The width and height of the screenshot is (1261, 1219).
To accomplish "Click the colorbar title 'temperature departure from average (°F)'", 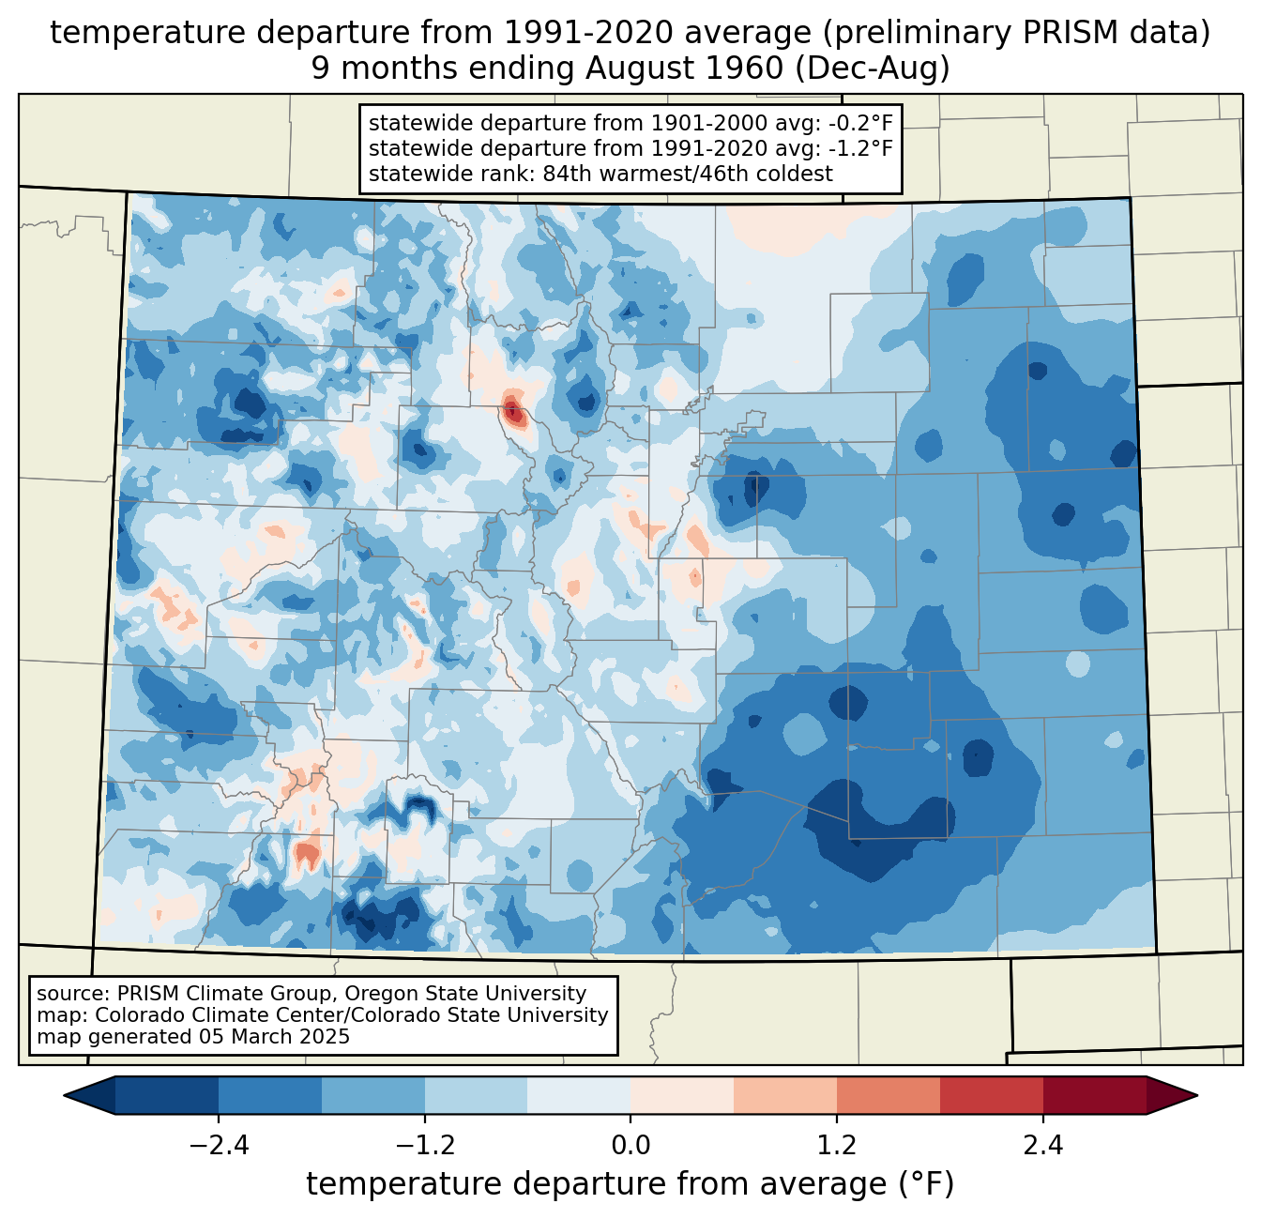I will pyautogui.click(x=630, y=1184).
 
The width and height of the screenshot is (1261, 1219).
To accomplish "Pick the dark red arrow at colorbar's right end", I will pyautogui.click(x=1172, y=1095).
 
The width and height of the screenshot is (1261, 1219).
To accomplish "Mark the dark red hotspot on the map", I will pyautogui.click(x=512, y=410).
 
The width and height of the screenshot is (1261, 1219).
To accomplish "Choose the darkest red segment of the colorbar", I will pyautogui.click(x=1094, y=1095).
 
